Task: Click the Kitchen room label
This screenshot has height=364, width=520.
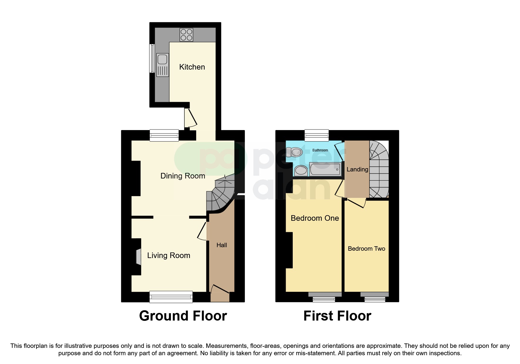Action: (192, 67)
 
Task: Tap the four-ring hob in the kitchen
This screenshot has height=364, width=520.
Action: (186, 35)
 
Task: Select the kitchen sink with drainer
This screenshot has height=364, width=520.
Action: (162, 65)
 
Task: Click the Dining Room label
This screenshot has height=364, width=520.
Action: (183, 176)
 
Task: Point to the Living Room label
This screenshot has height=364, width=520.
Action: (169, 255)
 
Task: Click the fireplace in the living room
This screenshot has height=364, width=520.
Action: (138, 257)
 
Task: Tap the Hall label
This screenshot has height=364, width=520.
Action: (222, 245)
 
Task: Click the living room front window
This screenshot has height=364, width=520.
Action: (171, 297)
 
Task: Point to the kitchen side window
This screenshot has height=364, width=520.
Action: (152, 58)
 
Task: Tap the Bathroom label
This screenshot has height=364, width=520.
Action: (320, 150)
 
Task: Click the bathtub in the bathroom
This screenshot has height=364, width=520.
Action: (325, 169)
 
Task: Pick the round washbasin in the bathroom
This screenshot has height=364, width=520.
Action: (300, 170)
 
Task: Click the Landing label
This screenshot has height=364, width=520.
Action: (357, 169)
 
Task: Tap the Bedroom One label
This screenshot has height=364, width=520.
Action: (315, 218)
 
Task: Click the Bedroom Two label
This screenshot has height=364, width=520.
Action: (366, 249)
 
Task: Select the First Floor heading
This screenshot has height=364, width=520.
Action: (337, 316)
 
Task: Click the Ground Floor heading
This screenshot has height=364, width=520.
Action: (183, 316)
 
